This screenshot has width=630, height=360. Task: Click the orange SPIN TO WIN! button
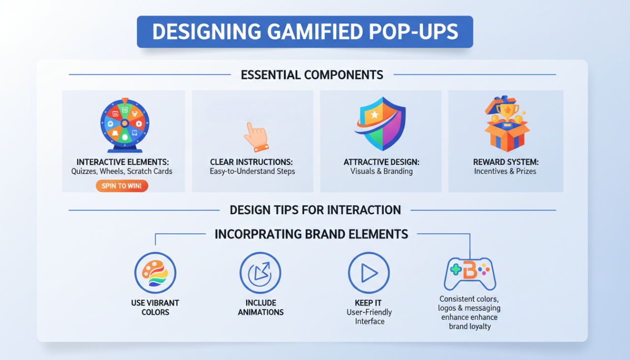coord(122,186)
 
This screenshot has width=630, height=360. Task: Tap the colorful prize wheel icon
coord(125,123)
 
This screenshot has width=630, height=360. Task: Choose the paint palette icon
coord(155,273)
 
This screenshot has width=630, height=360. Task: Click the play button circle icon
coord(369,273)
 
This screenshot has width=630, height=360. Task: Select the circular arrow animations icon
coord(260,273)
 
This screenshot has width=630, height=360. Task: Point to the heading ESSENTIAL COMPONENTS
coord(312,75)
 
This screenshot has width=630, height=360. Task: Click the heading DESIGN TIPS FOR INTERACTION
coord(315,210)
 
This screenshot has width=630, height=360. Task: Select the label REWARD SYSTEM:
coord(505,162)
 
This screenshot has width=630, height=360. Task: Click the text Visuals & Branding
coord(381,171)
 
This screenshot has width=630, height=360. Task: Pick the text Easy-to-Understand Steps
coord(252,171)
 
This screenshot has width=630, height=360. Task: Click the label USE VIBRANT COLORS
coord(155,307)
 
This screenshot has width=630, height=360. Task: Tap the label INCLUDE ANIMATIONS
coord(260,307)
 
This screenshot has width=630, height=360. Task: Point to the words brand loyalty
coord(470,326)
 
